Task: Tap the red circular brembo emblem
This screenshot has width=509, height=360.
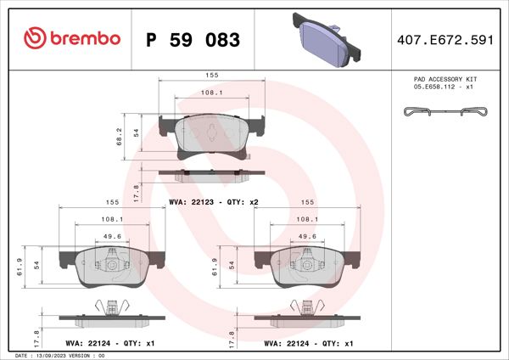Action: pyautogui.click(x=35, y=38)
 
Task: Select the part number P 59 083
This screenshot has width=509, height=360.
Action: pyautogui.click(x=193, y=40)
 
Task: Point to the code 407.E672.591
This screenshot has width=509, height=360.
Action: pyautogui.click(x=445, y=39)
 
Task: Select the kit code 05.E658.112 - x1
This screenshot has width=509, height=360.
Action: pyautogui.click(x=443, y=86)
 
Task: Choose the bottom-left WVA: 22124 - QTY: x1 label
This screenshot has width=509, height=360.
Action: pyautogui.click(x=109, y=344)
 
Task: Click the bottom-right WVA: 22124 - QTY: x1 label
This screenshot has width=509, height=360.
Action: pyautogui.click(x=308, y=344)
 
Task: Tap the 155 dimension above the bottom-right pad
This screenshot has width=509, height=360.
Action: pyautogui.click(x=308, y=203)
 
